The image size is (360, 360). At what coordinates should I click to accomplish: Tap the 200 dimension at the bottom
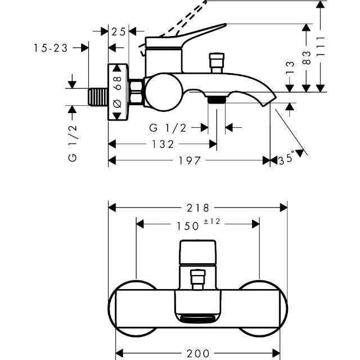coord(197,353)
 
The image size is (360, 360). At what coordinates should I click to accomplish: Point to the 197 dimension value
coord(190,161)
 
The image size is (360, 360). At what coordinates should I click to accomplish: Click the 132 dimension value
coord(162,145)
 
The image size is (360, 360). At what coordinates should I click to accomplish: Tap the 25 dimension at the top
coord(118,31)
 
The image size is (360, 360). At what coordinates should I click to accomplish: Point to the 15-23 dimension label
coord(50,48)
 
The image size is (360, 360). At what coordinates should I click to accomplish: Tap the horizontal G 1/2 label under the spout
coord(168,128)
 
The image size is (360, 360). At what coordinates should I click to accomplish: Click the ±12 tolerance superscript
coord(211,222)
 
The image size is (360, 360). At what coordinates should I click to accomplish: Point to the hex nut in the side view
coord(136,92)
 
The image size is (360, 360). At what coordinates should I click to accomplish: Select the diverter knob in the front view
coord(197,279)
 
